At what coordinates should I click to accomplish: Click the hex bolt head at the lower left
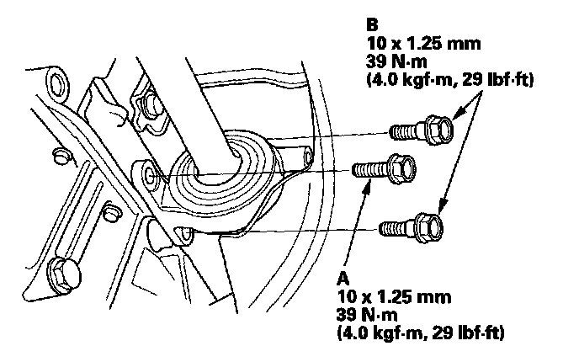click(x=64, y=272)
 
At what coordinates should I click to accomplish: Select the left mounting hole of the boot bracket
click(x=150, y=176)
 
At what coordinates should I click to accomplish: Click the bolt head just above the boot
click(x=152, y=105)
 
